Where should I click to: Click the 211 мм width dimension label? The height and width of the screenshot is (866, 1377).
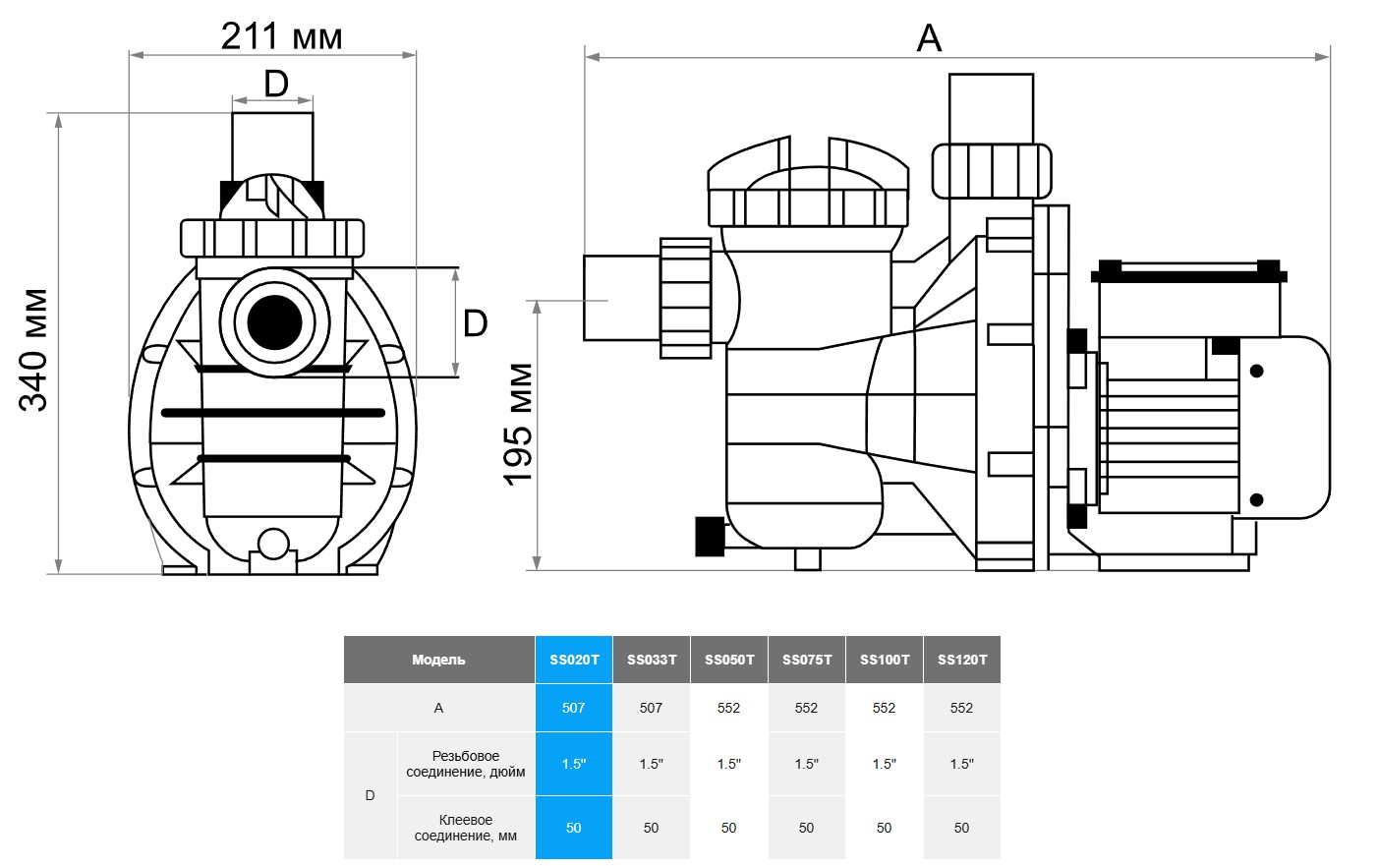(x=281, y=37)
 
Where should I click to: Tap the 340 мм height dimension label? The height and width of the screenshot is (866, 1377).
(x=33, y=350)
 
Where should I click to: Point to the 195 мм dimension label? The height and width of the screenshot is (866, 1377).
(x=518, y=424)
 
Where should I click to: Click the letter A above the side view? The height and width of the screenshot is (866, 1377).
(x=929, y=39)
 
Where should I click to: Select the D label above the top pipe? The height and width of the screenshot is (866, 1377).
(x=276, y=84)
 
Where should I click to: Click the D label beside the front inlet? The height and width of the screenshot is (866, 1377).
(x=475, y=322)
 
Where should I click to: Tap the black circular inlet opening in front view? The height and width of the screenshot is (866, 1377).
(x=274, y=321)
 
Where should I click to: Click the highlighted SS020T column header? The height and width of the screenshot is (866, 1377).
(x=574, y=660)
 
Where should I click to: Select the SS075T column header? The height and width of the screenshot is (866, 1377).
(x=807, y=660)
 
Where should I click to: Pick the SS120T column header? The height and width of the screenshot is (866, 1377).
(x=962, y=660)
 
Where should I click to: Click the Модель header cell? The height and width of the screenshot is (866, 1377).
(x=438, y=660)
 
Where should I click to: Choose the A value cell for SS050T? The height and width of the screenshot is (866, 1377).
(x=728, y=708)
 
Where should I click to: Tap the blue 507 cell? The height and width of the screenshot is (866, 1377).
(x=574, y=708)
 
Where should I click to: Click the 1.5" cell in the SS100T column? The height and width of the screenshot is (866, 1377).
(x=885, y=764)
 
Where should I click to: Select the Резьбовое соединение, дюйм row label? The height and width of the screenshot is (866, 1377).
(x=466, y=764)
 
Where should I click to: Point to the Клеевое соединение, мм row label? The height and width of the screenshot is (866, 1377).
(x=466, y=828)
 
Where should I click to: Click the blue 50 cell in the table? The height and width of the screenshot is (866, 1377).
(x=574, y=828)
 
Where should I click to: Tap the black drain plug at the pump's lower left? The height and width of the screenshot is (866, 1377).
(x=709, y=536)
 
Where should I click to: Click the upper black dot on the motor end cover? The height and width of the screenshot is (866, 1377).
(x=1256, y=372)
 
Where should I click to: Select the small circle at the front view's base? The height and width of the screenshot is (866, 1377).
(x=273, y=544)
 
